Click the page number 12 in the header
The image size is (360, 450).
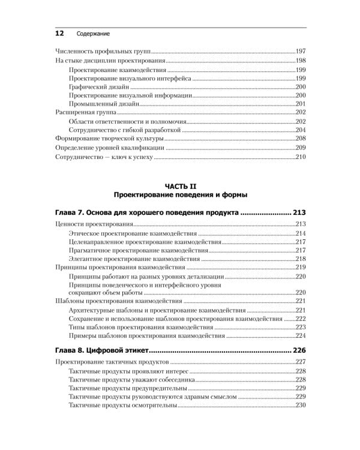(x=59, y=34)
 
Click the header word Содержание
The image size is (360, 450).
(x=93, y=34)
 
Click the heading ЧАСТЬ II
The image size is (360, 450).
(x=181, y=187)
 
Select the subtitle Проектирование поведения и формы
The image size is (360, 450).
(x=181, y=196)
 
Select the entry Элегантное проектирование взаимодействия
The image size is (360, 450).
(x=133, y=259)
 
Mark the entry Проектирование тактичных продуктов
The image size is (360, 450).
(x=112, y=362)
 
